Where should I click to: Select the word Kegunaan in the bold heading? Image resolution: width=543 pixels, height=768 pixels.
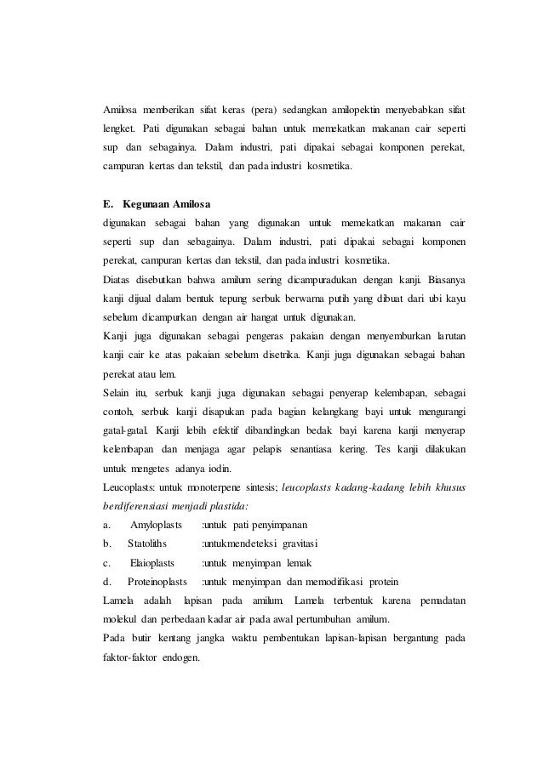146,203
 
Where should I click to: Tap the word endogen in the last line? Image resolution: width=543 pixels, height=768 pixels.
178,657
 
